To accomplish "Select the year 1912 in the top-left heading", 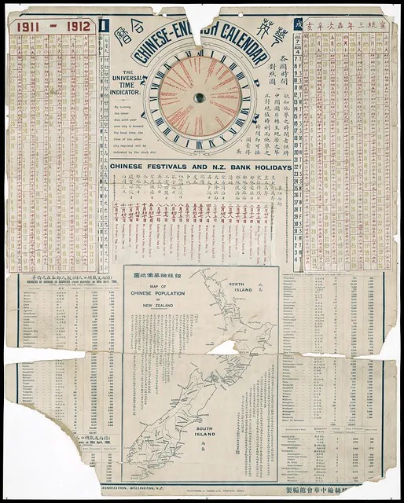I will tap(77, 26).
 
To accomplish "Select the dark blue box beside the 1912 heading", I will tap(104, 25).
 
